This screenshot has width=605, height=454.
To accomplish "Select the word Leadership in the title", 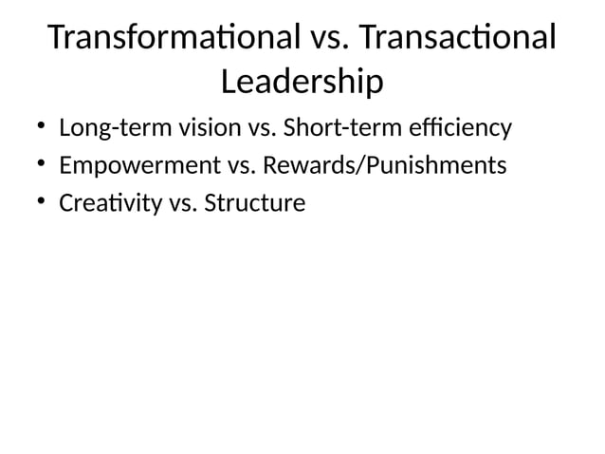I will (302, 84).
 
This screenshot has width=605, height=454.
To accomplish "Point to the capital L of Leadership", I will (229, 84).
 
